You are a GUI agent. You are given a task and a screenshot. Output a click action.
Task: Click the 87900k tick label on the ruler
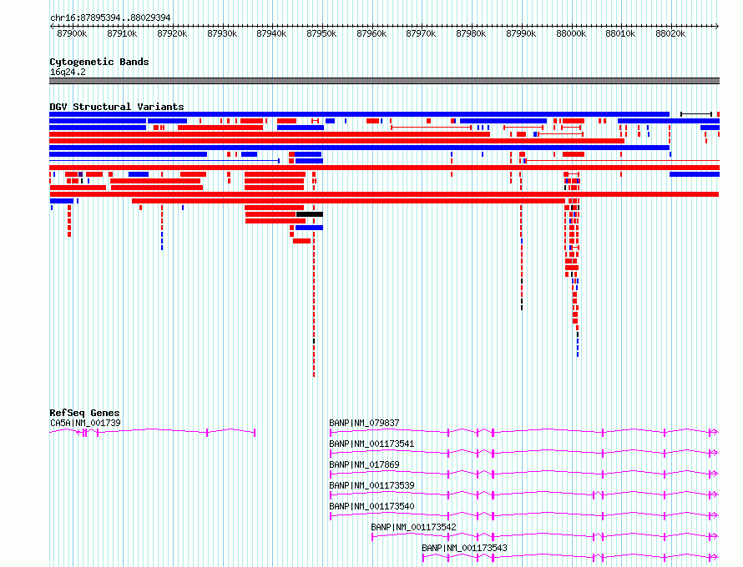72,33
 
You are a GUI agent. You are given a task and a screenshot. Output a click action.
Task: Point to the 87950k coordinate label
321,33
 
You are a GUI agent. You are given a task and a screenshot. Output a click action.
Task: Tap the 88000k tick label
571,33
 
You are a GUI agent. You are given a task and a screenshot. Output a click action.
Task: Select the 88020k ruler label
670,33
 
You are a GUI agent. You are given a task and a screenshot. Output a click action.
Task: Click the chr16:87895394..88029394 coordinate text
110,18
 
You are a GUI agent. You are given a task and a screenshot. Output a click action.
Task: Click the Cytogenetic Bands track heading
99,62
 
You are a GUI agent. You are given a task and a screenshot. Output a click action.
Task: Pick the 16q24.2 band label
68,72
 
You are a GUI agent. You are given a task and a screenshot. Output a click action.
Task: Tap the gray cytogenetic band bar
384,81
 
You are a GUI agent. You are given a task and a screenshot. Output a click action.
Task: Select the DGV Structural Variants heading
117,107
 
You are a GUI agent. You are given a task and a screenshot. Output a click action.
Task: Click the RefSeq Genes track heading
84,413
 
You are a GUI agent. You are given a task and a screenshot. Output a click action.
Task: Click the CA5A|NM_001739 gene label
85,423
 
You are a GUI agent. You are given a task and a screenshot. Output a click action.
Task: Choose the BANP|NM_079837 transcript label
364,423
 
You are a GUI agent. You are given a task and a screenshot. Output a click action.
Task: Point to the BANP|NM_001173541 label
372,444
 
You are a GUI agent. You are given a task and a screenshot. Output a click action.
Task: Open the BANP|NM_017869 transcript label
364,464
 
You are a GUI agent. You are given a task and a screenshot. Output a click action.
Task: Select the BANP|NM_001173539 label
372,485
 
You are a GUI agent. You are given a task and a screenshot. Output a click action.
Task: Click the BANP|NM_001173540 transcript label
372,506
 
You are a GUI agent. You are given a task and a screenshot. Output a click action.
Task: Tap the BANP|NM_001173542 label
414,527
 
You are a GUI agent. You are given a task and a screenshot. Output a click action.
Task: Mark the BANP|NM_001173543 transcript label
464,548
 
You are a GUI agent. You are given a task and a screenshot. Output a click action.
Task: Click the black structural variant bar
310,214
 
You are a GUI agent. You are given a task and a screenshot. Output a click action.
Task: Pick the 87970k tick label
421,33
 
